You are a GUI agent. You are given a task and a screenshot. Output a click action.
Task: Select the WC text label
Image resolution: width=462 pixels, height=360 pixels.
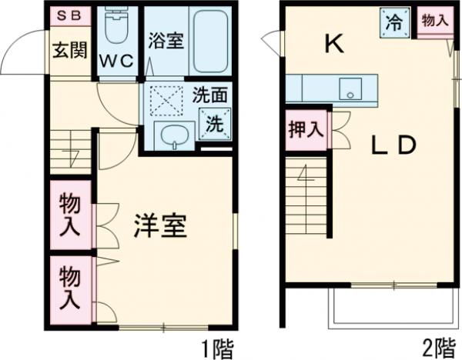[117, 61]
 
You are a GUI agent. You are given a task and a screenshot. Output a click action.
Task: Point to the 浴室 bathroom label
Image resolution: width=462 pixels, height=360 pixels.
[165, 40]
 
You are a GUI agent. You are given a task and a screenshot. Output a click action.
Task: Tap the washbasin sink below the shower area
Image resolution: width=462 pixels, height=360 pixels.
[172, 135]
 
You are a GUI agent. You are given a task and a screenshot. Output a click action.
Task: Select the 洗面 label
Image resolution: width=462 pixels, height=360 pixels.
[209, 97]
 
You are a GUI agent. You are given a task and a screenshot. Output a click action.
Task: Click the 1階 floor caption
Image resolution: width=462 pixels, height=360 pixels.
[219, 348]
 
